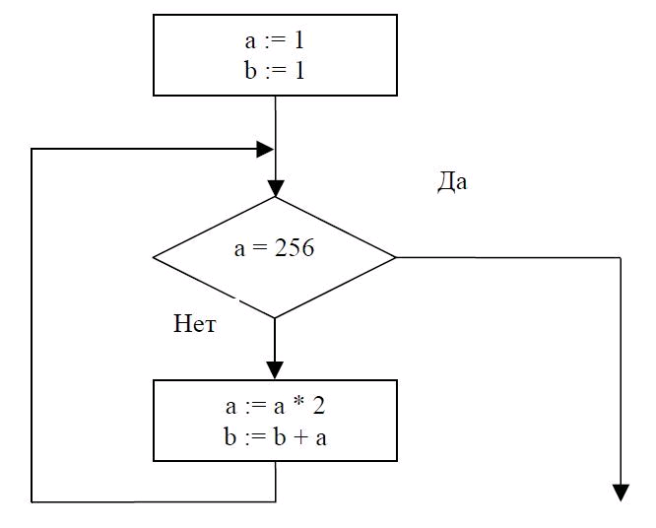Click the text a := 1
coord(275,41)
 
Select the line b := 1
coord(275,70)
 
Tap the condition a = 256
coord(274,247)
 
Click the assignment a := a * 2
coord(275,406)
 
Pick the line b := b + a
coord(275,437)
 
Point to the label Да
coord(452,182)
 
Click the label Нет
coord(195,323)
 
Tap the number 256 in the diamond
coord(295,247)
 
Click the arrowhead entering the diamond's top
coord(275,188)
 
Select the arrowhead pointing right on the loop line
coord(265,150)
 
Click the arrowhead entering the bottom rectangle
coord(275,370)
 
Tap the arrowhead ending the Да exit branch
coord(621,493)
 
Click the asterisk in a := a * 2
coord(298,404)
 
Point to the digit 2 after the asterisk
coord(319,406)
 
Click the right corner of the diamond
coord(396,257)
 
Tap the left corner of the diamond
coord(154,258)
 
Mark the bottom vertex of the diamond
coord(275,318)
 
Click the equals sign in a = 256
coord(259,248)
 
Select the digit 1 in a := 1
coord(298,41)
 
